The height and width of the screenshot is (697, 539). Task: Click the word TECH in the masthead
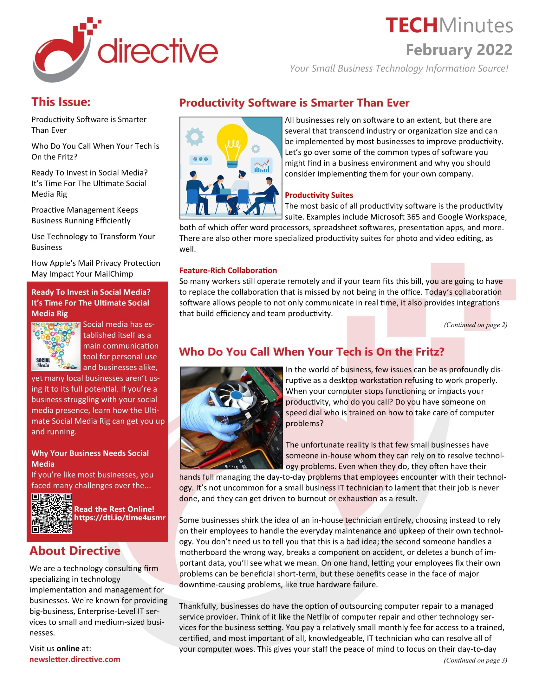[x=411, y=26]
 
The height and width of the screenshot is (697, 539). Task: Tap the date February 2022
[x=458, y=50]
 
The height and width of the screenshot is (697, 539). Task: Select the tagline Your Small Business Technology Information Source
[x=399, y=68]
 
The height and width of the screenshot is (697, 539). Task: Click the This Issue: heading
[x=61, y=102]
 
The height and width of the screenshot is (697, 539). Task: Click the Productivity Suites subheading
[x=319, y=195]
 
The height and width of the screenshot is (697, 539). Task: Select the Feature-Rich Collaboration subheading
[x=228, y=270]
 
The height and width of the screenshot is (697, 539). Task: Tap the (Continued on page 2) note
[x=475, y=324]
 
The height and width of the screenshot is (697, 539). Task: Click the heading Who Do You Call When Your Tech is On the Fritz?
[x=311, y=352]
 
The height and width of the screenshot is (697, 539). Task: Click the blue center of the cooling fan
[x=237, y=395]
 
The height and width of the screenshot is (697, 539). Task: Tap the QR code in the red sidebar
[x=52, y=513]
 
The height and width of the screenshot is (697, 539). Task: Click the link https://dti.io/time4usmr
[x=120, y=518]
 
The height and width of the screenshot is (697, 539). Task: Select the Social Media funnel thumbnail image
[x=55, y=346]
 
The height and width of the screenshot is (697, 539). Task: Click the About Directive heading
[x=75, y=551]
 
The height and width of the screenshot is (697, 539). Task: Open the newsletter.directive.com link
[x=75, y=659]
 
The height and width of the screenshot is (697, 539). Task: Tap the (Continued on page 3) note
[x=475, y=660]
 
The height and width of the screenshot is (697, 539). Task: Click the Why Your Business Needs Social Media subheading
[x=90, y=458]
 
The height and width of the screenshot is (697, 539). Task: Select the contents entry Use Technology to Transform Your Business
[x=93, y=242]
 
